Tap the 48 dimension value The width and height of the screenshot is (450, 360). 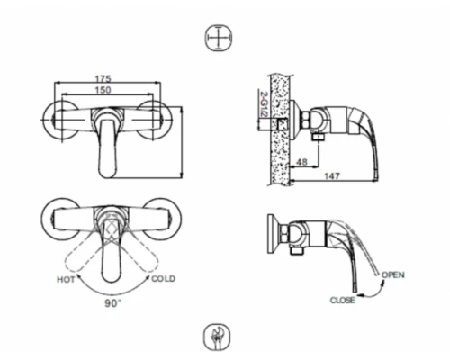tap(301, 163)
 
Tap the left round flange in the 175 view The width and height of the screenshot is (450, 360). tap(60, 120)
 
